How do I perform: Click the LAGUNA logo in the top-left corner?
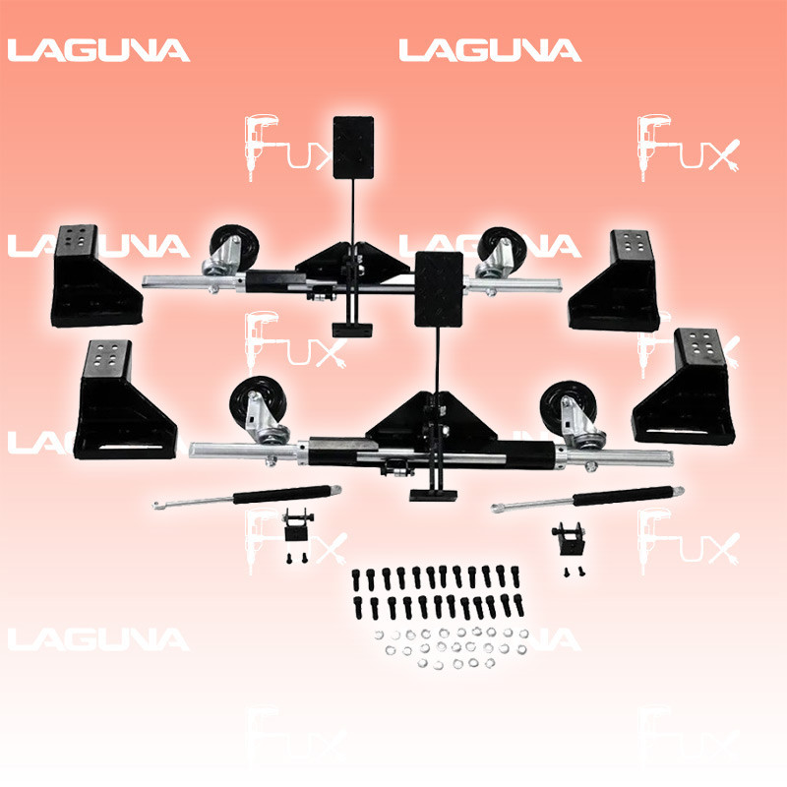pos(98,50)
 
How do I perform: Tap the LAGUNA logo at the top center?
pos(490,50)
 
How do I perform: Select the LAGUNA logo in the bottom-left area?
pos(98,639)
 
